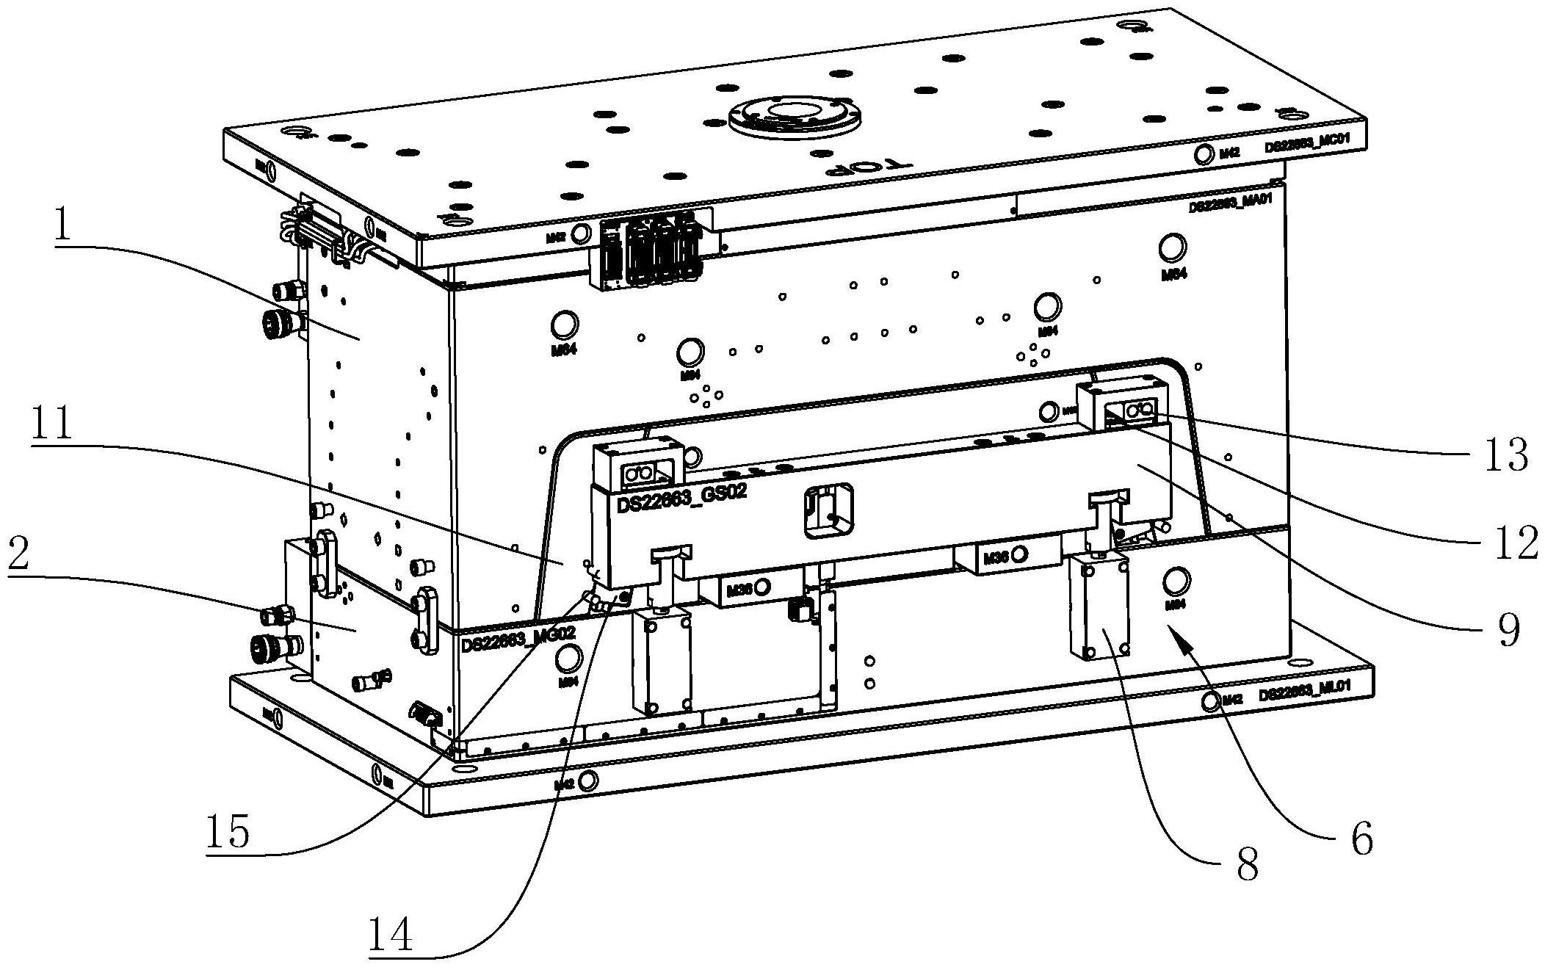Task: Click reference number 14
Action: (x=390, y=934)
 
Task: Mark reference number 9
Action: (x=1508, y=629)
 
